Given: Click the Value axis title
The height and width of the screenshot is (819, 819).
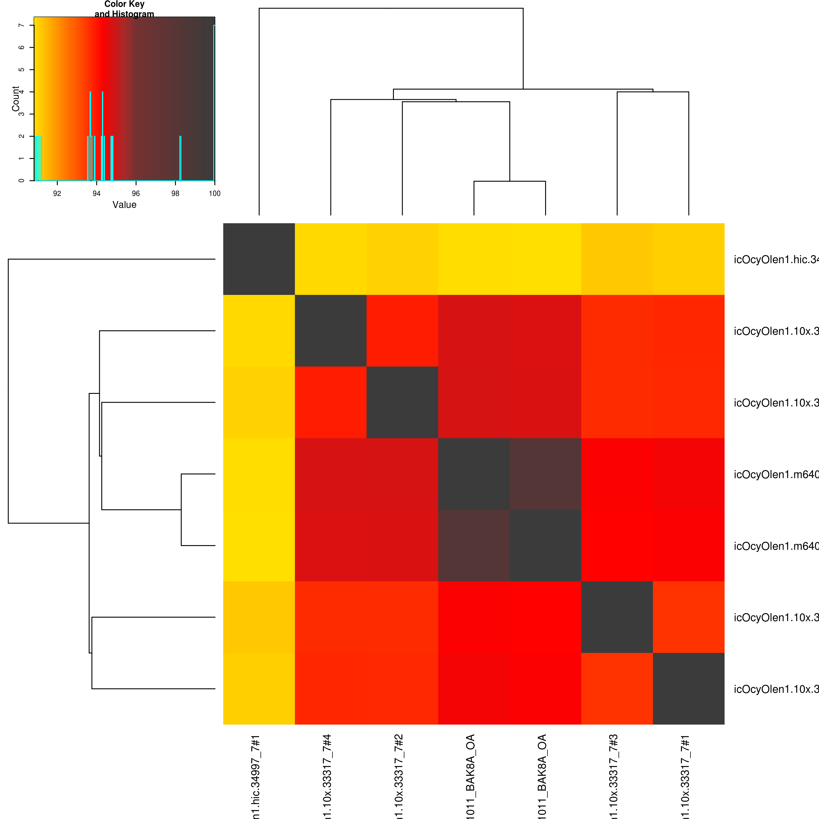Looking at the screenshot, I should tap(124, 205).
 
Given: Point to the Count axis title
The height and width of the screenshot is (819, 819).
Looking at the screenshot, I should tap(16, 99).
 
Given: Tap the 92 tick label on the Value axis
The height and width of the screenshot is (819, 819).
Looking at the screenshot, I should tap(57, 194).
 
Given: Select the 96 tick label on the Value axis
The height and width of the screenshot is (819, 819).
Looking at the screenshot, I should tap(136, 194).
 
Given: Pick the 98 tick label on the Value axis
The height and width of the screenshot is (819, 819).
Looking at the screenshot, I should tap(175, 194).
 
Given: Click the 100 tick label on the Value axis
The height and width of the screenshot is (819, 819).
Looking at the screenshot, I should tap(214, 194).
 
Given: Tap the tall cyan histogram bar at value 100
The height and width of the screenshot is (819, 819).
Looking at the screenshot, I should tap(214, 102).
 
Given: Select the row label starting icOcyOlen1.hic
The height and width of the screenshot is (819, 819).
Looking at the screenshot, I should tap(776, 259).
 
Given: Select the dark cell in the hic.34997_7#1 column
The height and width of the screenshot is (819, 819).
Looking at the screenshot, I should tap(259, 259).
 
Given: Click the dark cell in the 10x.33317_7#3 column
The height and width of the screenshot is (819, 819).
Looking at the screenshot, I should tap(617, 617).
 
